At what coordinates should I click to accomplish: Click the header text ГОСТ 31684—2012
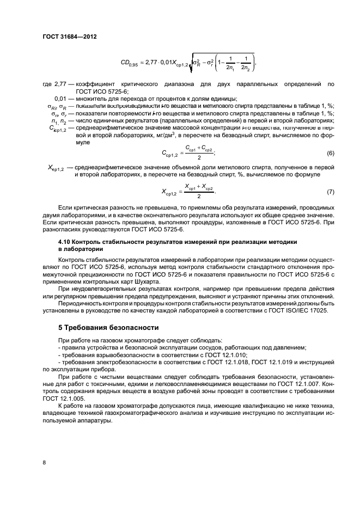pyautogui.click(x=65, y=37)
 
